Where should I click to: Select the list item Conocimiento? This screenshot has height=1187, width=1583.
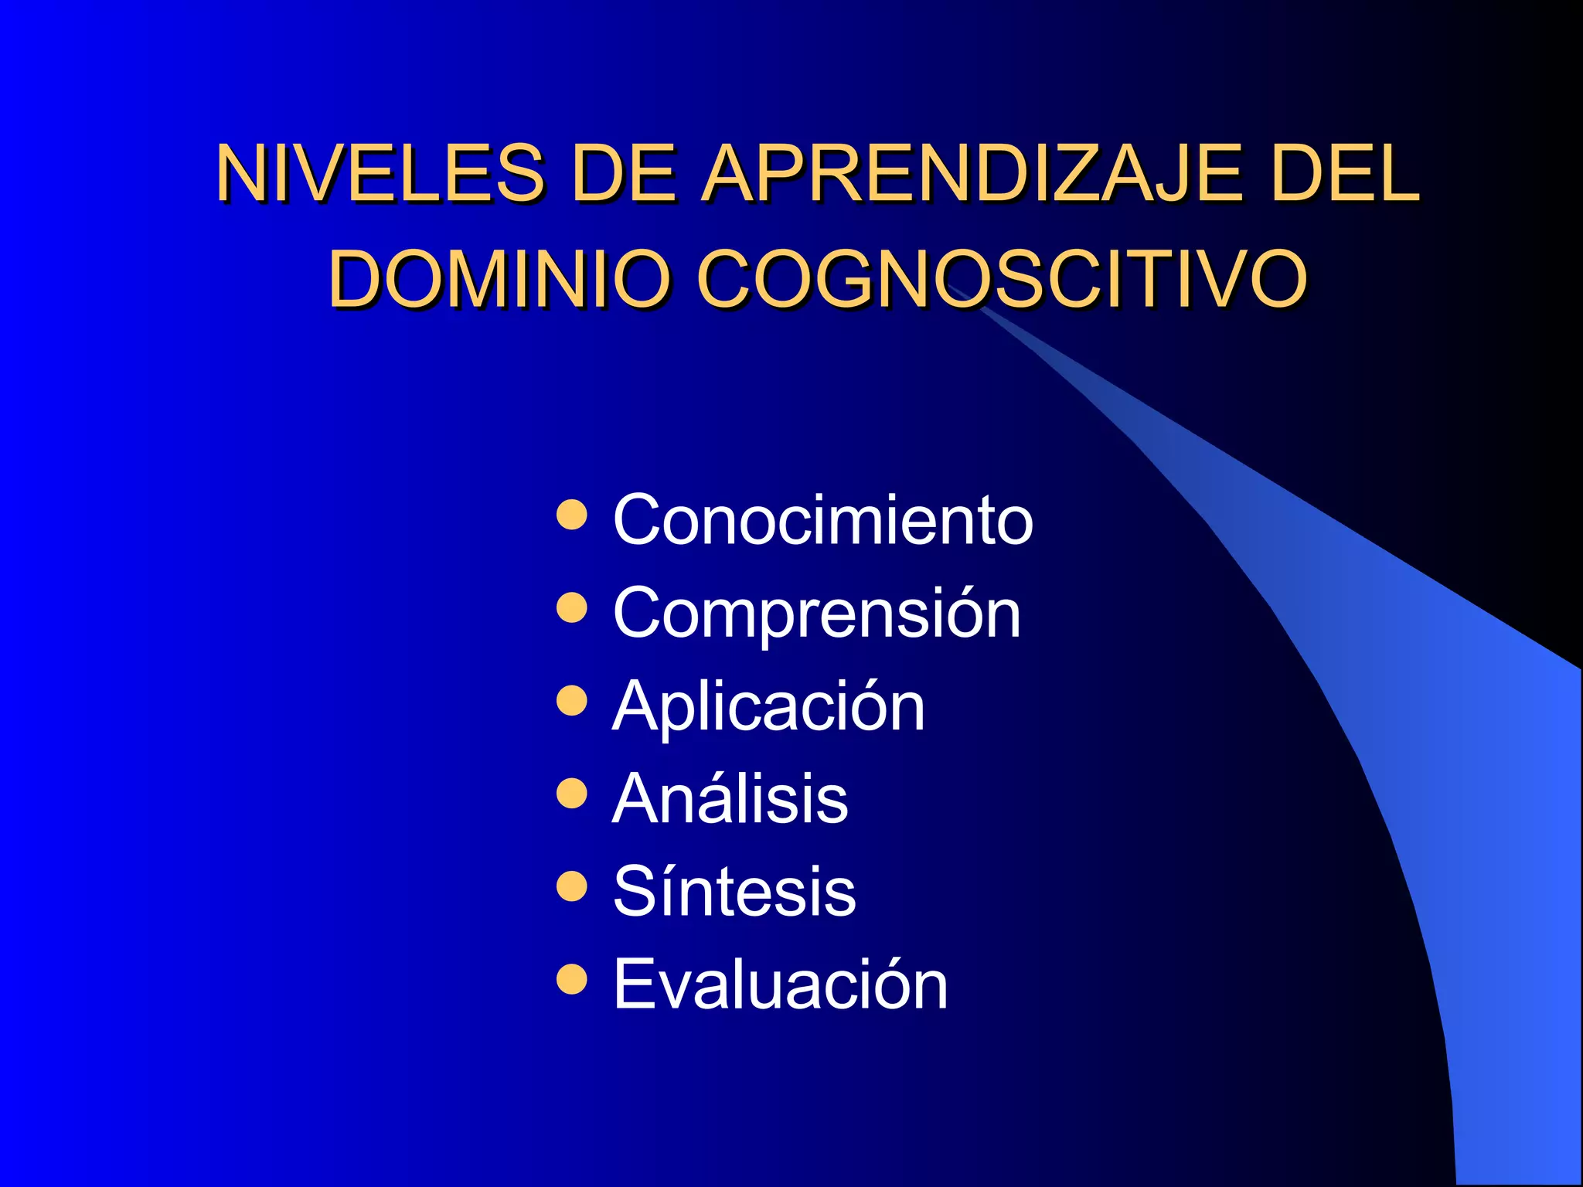822,519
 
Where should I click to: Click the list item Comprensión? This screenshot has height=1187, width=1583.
816,613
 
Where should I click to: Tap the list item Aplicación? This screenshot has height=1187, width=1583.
768,706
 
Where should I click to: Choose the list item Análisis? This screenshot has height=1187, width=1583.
730,798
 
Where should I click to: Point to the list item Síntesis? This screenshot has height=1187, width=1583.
734,891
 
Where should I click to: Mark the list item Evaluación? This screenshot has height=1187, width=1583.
780,984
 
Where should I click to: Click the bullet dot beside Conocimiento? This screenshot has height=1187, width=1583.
572,515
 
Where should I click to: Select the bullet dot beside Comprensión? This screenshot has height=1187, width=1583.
572,607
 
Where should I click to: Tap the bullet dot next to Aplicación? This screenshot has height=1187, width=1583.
572,700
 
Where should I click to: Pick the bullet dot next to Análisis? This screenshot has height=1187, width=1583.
572,793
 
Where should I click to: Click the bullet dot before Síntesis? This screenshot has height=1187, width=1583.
572,886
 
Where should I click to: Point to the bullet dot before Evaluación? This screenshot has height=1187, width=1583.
572,979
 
